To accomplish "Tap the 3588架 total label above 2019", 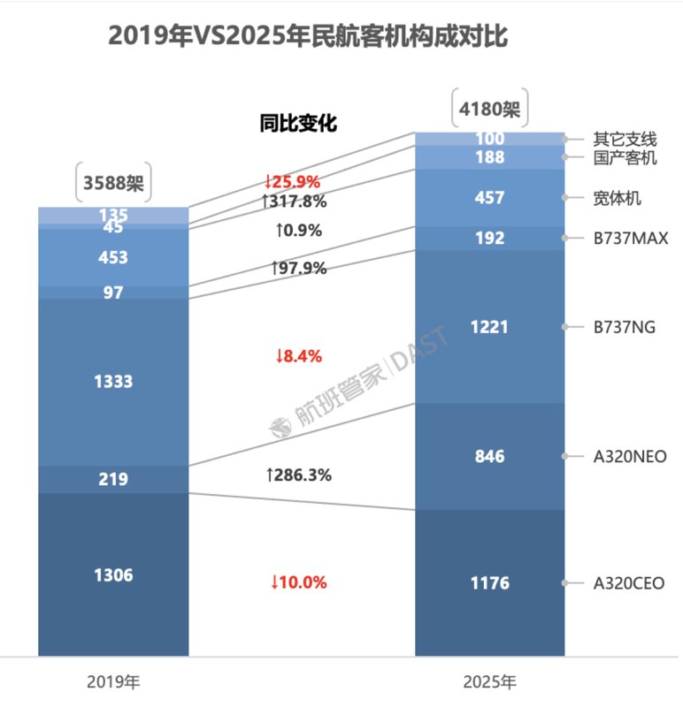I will pos(113,183).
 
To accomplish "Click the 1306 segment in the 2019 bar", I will pos(113,575).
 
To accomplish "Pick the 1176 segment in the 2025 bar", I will pos(489,583).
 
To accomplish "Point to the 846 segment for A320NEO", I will pos(489,456).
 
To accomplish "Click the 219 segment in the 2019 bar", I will pos(113,479).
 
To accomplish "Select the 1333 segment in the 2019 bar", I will pos(113,382).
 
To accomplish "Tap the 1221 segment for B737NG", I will pos(489,327).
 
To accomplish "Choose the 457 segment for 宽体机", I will pos(489,198).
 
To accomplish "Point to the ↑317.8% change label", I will pos(294,201).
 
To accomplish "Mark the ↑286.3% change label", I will pos(298,475).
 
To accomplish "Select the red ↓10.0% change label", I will pos(298,582).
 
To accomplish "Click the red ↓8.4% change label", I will pos(297,356).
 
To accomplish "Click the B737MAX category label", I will pos(630,239).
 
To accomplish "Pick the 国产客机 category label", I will pos(625,158).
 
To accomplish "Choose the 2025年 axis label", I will pos(489,682).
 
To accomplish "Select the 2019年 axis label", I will pos(113,682).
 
